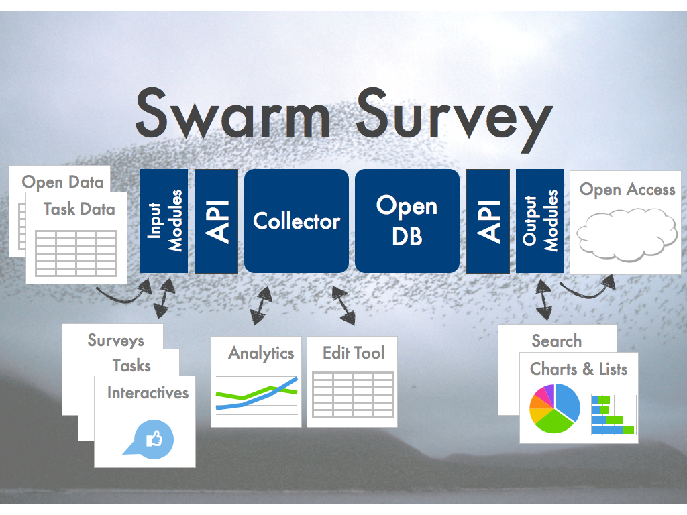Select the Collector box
(297, 221)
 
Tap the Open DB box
(407, 221)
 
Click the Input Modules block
(164, 221)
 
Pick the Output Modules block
(540, 221)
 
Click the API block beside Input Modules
(217, 221)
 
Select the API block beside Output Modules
(488, 221)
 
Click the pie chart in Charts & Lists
(555, 408)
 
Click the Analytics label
(261, 353)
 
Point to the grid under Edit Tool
(353, 395)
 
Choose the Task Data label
(79, 209)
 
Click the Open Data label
(62, 182)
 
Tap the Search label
(556, 341)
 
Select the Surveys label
(115, 341)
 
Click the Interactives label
(148, 393)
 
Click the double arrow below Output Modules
(543, 300)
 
